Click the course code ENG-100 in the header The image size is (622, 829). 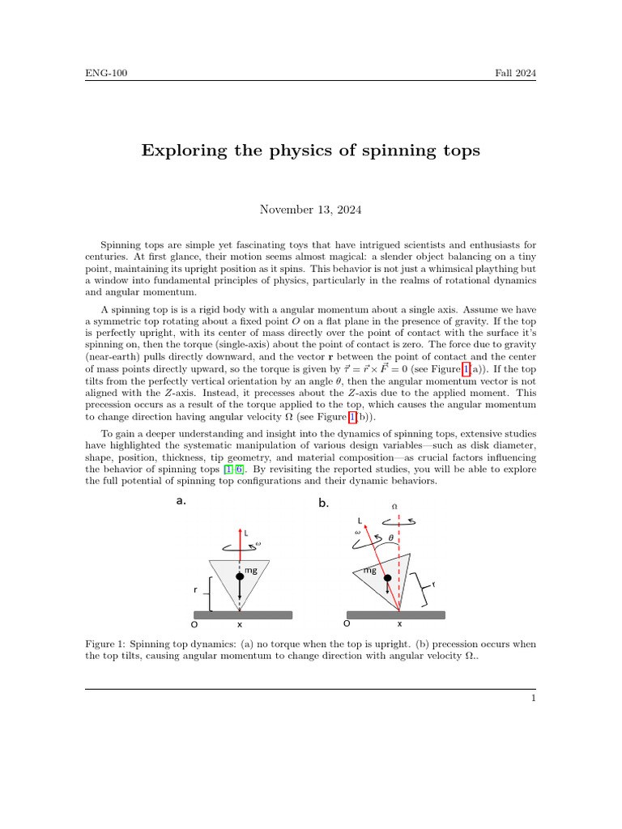[106, 74]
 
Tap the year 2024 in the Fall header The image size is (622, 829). [525, 74]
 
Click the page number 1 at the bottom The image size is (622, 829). [535, 699]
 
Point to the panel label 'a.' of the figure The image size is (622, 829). [181, 501]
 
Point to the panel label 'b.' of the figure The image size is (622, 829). [324, 503]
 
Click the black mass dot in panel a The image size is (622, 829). [239, 576]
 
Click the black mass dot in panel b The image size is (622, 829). [388, 578]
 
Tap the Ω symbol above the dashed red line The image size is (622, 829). [395, 506]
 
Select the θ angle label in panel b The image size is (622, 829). [390, 536]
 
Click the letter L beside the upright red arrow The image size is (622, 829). [246, 534]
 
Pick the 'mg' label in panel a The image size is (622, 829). [251, 571]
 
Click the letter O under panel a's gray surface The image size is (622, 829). [194, 625]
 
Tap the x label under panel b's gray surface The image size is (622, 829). [398, 624]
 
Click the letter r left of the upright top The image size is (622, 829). [196, 590]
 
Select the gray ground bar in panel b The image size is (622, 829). [395, 614]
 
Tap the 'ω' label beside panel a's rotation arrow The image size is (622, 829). [258, 543]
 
